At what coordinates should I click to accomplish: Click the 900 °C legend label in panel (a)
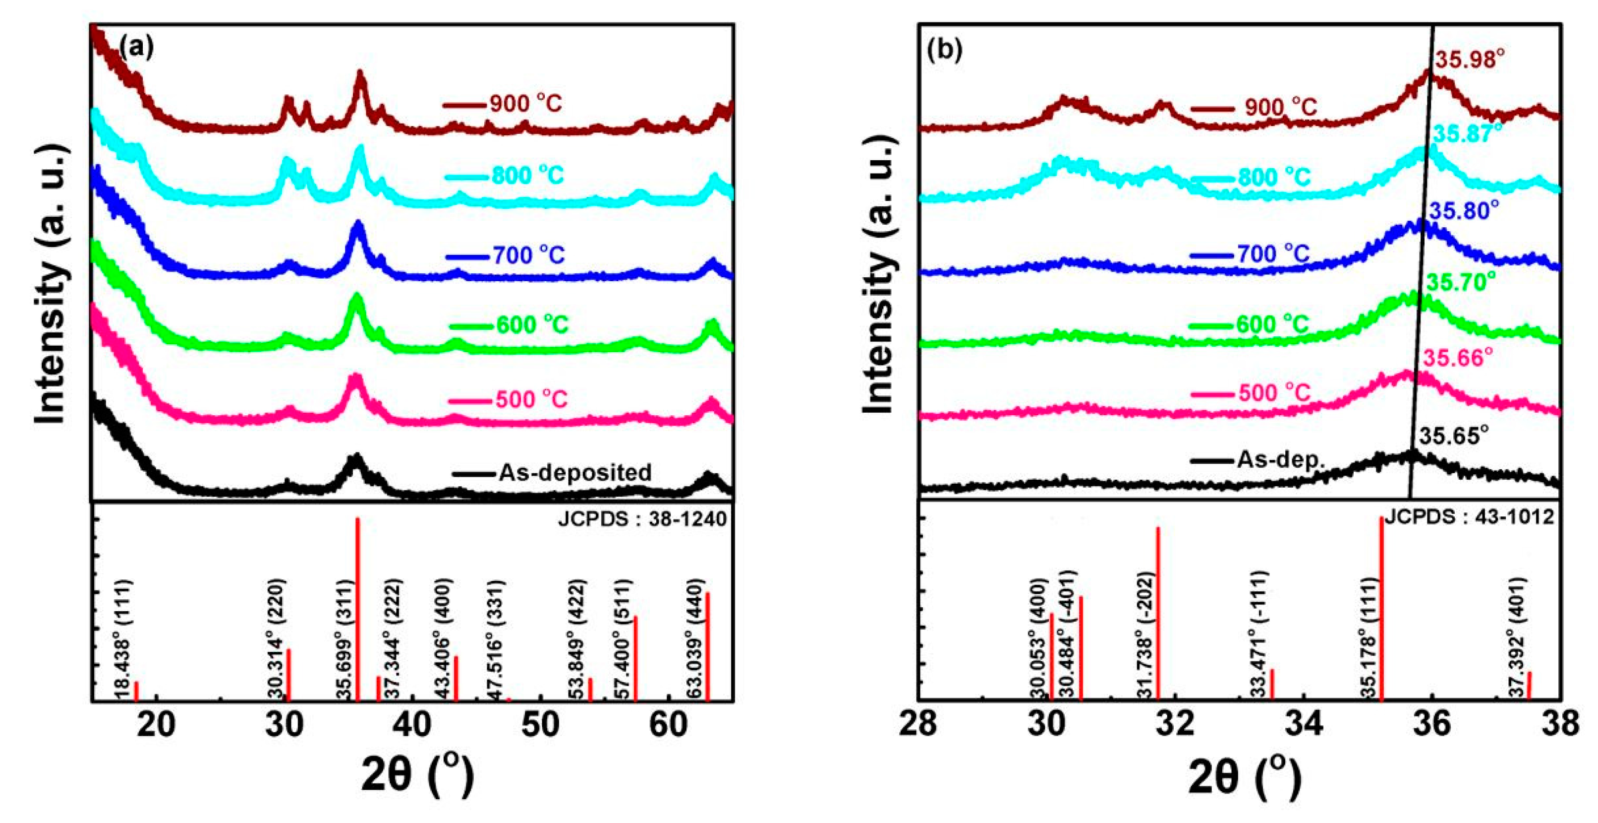point(525,104)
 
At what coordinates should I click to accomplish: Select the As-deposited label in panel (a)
point(574,473)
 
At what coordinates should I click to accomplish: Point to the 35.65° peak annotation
point(1454,436)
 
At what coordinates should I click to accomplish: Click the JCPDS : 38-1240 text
point(641,519)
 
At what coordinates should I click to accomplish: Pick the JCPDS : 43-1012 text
point(1468,516)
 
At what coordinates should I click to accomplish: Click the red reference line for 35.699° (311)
point(358,608)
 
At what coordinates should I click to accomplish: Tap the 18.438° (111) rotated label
point(123,639)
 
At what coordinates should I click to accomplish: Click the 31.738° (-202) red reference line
point(1157,615)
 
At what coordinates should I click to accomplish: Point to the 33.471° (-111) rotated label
point(1258,639)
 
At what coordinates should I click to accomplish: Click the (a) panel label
point(136,47)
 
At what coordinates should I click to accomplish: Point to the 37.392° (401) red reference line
point(1529,686)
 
